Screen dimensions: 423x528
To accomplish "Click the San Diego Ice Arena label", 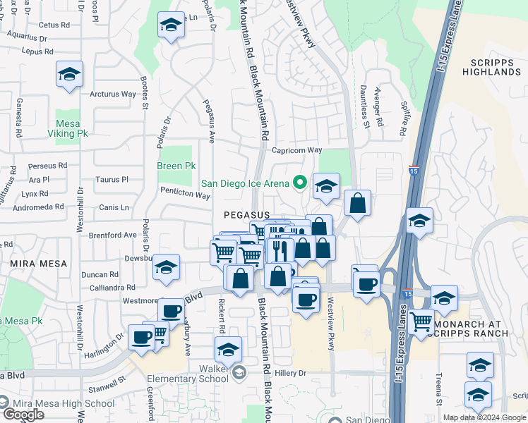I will [245, 183].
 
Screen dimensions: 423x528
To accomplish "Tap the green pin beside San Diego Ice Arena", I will [300, 183].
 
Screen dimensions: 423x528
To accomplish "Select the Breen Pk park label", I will [176, 166].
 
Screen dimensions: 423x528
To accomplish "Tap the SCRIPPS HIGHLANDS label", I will [491, 67].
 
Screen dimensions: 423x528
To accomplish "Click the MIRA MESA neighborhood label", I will [39, 264].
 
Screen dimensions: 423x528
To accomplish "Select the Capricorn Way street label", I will [296, 150].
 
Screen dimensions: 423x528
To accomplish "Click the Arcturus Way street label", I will [113, 94].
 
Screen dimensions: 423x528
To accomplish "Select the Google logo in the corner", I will [23, 415].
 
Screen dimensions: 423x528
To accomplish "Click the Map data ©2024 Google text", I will [484, 417].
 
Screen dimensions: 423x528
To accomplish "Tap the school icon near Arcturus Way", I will [69, 75].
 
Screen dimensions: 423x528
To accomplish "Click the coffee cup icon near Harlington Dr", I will [141, 337].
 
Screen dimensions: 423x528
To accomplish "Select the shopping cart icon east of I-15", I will [421, 322].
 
